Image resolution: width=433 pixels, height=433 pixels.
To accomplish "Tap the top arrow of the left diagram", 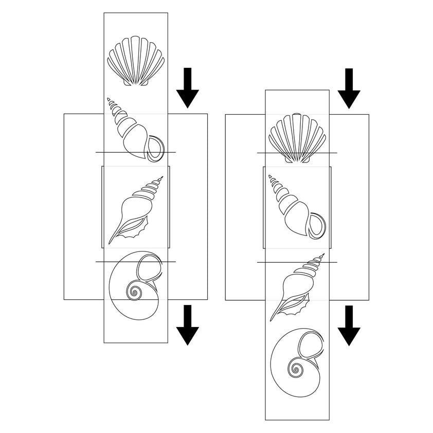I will [188, 87].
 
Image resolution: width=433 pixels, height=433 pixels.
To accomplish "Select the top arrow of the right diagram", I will [349, 87].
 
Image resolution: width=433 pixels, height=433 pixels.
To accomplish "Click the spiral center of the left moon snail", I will [135, 294].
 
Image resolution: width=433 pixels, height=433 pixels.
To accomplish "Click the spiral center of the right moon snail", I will [296, 368].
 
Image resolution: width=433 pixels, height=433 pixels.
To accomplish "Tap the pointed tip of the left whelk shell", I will [109, 98].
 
